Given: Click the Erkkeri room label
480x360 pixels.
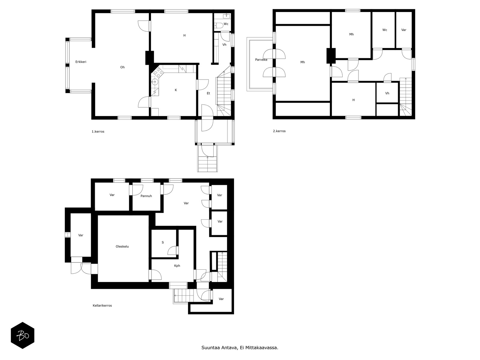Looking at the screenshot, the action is click(x=81, y=62).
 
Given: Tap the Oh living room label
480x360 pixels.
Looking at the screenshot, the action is click(x=122, y=67).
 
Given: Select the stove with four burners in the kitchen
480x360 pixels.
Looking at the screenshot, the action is click(x=158, y=72).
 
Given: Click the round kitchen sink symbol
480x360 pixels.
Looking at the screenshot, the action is click(x=155, y=82).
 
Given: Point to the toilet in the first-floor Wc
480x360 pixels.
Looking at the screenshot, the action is click(x=218, y=25).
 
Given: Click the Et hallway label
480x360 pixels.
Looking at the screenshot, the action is click(x=208, y=93).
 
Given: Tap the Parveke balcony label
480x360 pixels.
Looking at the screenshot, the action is click(x=261, y=60).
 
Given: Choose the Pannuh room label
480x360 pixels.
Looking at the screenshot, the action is click(x=146, y=196).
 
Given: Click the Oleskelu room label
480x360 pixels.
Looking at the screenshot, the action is click(x=122, y=247).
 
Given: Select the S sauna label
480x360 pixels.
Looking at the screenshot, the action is click(x=163, y=242).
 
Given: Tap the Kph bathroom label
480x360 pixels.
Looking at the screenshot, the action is click(x=177, y=266).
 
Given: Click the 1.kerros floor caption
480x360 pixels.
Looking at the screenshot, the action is click(x=98, y=132).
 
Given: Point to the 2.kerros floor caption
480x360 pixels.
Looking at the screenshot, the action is click(x=279, y=131).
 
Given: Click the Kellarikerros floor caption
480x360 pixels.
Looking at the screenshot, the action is click(x=102, y=306).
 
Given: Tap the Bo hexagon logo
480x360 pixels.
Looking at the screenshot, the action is click(x=22, y=335).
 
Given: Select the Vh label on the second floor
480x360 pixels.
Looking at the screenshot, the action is click(x=387, y=93).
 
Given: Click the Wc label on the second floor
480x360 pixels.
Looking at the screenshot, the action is click(x=385, y=30).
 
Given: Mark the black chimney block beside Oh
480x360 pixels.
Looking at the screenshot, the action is click(x=150, y=58).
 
